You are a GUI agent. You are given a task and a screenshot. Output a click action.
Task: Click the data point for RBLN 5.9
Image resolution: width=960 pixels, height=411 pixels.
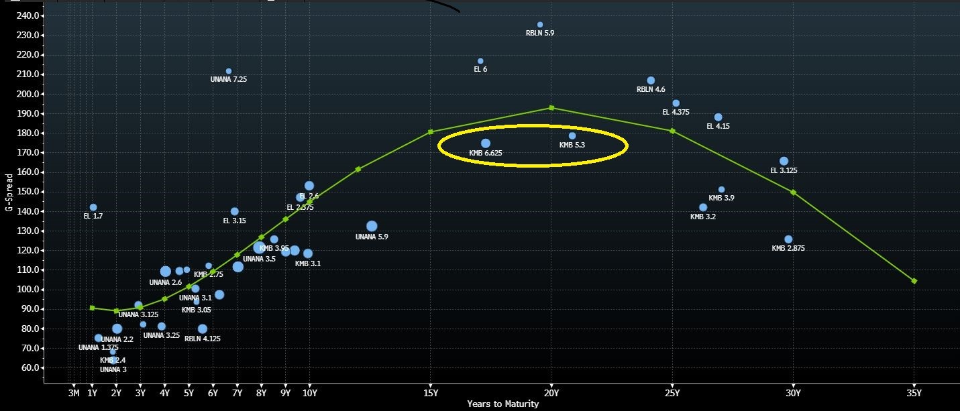tap(540, 25)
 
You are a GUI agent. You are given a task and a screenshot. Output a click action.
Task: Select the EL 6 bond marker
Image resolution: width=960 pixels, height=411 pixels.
tap(480, 61)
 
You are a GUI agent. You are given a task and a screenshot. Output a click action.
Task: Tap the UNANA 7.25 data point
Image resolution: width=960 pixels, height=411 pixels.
tap(229, 71)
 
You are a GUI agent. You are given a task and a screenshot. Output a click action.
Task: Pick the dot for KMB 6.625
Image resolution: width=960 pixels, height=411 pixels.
tap(486, 143)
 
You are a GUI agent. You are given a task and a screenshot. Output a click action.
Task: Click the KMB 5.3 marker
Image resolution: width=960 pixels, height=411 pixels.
tap(572, 136)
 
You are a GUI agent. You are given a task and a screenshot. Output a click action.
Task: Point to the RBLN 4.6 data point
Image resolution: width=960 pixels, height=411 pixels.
tap(651, 80)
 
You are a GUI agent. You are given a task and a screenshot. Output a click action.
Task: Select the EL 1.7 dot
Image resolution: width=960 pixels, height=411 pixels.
tap(93, 207)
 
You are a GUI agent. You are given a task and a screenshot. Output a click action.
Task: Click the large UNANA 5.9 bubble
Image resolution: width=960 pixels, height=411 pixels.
tap(372, 227)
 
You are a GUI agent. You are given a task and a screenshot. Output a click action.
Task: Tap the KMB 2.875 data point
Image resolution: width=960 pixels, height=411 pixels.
tap(788, 239)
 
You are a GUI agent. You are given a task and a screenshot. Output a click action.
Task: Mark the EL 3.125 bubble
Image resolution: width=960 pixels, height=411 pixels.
tap(784, 161)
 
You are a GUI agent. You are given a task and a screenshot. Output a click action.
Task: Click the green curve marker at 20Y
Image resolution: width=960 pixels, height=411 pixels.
tap(551, 107)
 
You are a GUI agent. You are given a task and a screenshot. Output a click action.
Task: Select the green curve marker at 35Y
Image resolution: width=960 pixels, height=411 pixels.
tap(914, 281)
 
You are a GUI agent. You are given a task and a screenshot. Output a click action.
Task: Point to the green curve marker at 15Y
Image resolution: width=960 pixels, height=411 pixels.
tap(431, 132)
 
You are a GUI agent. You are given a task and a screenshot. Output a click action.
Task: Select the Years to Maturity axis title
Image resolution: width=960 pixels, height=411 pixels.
tap(503, 404)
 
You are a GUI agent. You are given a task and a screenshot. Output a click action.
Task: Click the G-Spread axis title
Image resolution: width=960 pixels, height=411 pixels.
tap(9, 193)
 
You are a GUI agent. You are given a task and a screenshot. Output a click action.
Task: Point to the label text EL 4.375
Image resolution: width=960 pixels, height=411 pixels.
tap(676, 113)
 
